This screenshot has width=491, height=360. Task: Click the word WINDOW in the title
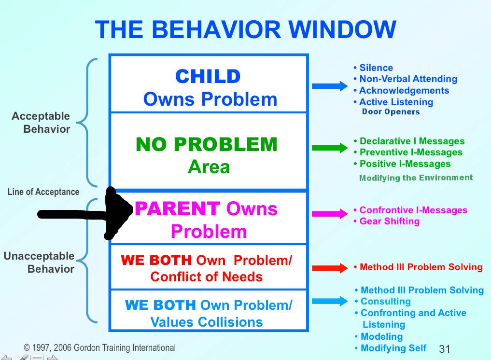click(x=342, y=29)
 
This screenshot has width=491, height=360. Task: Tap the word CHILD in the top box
click(x=208, y=76)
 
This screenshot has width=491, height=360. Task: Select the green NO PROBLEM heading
click(x=207, y=144)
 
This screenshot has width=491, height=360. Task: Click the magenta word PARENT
click(x=177, y=209)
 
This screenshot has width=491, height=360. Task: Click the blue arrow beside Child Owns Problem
click(x=330, y=86)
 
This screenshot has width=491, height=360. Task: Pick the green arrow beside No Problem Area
click(x=330, y=148)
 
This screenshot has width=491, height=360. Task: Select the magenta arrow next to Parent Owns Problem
click(x=330, y=213)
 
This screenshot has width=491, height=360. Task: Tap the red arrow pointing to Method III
click(x=330, y=268)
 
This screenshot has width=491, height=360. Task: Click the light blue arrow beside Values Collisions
click(x=330, y=301)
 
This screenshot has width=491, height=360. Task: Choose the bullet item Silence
click(x=373, y=68)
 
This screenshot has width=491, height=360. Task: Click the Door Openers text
click(x=391, y=112)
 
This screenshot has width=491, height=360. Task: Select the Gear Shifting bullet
click(x=387, y=222)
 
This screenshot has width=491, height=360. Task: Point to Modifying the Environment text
click(x=416, y=178)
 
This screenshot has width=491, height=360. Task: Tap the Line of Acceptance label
click(x=43, y=192)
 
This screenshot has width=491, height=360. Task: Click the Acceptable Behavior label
click(x=41, y=123)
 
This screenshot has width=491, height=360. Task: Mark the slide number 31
click(x=444, y=349)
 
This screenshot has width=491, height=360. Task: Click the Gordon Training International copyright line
click(x=99, y=348)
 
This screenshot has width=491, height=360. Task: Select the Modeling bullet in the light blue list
click(x=379, y=336)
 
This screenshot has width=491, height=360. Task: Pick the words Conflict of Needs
click(x=207, y=277)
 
